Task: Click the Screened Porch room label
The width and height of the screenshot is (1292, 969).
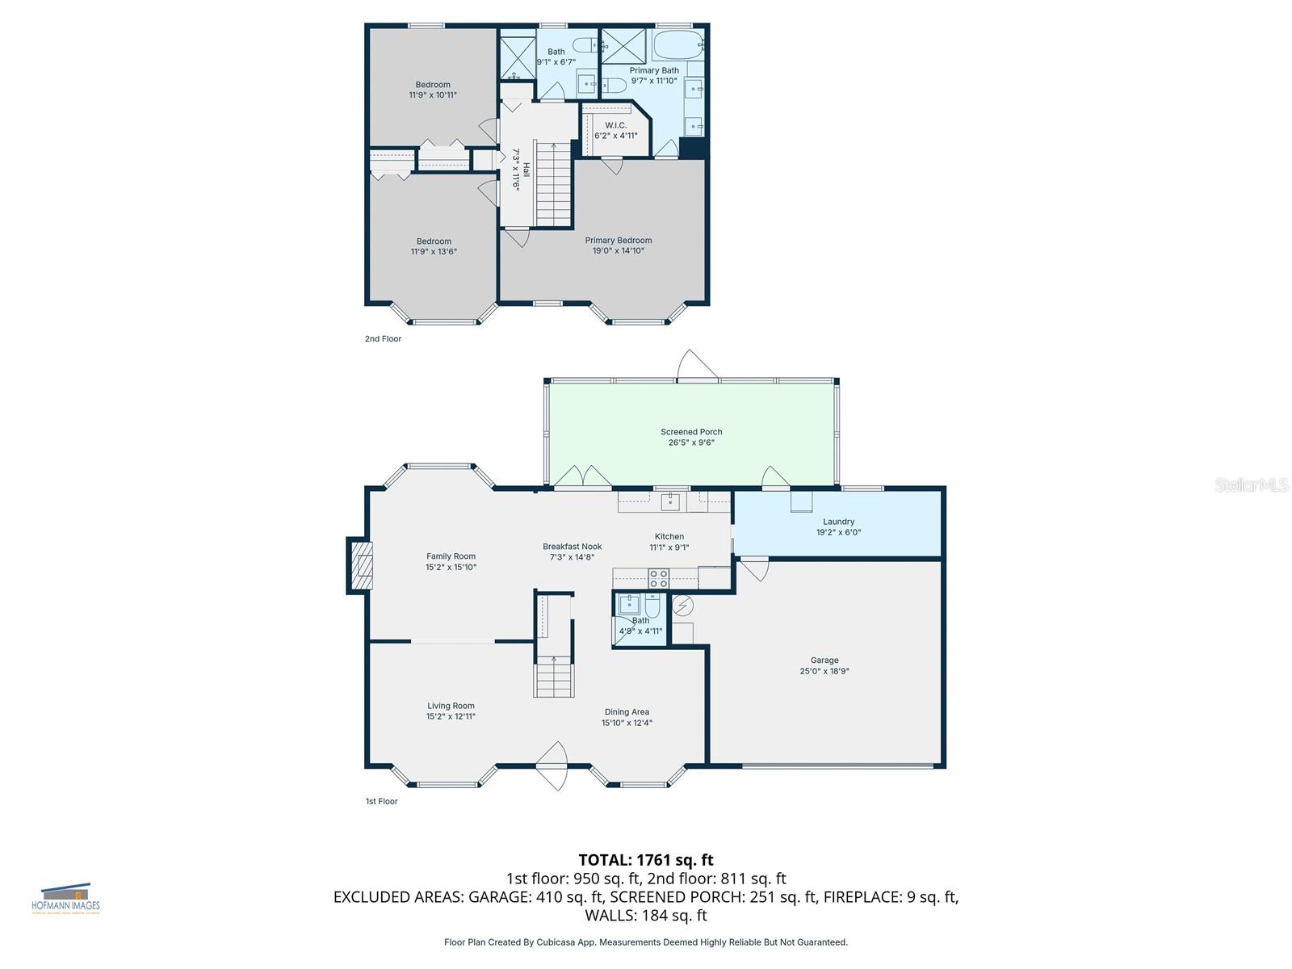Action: point(691,432)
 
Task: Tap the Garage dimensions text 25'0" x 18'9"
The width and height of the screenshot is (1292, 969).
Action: point(824,671)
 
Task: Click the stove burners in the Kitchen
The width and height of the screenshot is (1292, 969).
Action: point(659,578)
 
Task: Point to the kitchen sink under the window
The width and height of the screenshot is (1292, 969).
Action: point(670,501)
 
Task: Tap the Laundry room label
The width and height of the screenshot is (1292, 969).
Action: point(838,522)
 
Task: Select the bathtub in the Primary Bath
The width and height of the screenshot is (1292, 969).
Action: point(677,45)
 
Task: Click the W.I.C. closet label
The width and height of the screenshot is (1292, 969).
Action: point(616,125)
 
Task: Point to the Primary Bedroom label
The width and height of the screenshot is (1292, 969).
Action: point(619,240)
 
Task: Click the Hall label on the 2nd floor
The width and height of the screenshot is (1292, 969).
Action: point(526,170)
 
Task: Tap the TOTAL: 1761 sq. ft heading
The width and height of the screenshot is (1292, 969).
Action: point(646,860)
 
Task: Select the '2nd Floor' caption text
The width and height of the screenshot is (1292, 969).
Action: point(383,339)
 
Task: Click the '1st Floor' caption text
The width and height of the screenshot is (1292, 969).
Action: point(381,802)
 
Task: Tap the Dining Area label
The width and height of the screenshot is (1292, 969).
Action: point(627,712)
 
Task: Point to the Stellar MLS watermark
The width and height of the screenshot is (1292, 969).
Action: point(1251,484)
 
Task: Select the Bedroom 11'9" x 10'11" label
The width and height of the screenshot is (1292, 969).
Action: point(433,85)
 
